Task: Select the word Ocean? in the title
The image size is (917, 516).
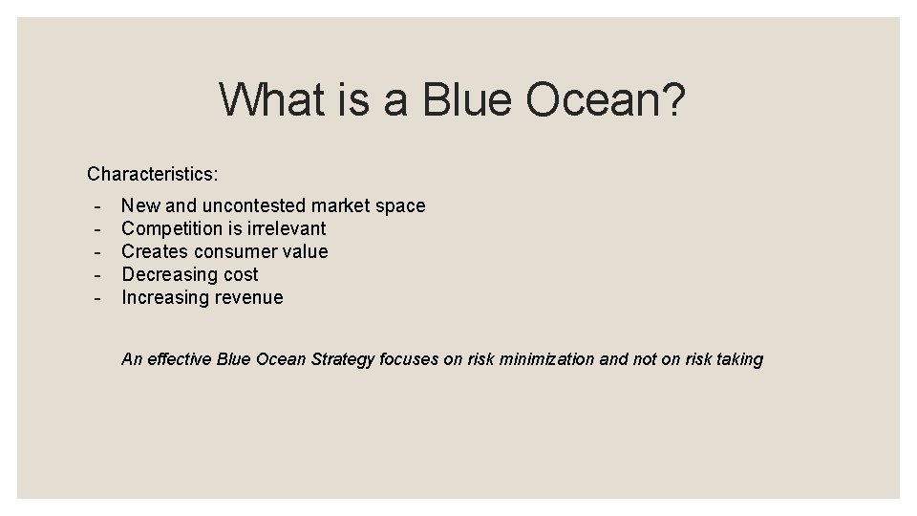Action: click(606, 99)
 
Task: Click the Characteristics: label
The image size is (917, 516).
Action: click(153, 174)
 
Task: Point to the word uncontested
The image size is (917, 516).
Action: click(254, 205)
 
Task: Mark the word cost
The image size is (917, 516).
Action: click(241, 274)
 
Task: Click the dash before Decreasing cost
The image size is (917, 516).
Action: click(97, 275)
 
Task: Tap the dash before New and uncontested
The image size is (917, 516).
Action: click(97, 206)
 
